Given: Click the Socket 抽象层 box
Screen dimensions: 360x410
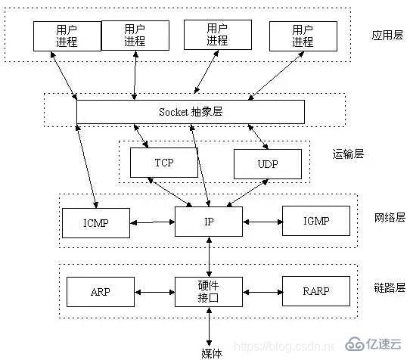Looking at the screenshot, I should point(191,112).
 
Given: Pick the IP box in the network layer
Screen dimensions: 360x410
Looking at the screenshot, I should point(208,222).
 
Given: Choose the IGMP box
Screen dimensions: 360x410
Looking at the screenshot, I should point(316,222).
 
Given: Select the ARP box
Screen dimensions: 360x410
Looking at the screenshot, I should point(101,290).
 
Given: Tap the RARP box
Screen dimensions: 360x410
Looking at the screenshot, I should point(316,290).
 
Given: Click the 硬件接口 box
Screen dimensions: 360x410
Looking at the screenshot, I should point(208,290).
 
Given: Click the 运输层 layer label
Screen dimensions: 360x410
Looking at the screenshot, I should point(348,154).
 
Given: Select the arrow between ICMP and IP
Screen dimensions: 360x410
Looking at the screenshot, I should point(152,222).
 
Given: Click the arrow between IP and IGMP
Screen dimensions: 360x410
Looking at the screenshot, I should point(262,222).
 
